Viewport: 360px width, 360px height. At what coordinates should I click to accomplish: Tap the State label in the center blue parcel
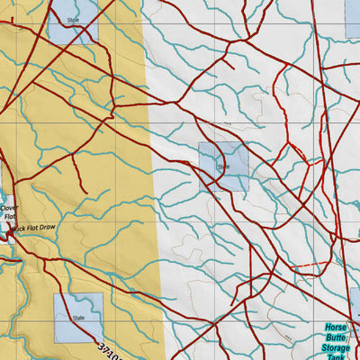click(223, 166)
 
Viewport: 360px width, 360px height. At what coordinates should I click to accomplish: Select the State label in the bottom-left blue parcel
click(78, 318)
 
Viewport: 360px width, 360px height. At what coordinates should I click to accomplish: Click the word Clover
click(9, 207)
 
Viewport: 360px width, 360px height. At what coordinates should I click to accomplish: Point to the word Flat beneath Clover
click(10, 217)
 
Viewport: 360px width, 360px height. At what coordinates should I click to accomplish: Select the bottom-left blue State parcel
click(78, 317)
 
